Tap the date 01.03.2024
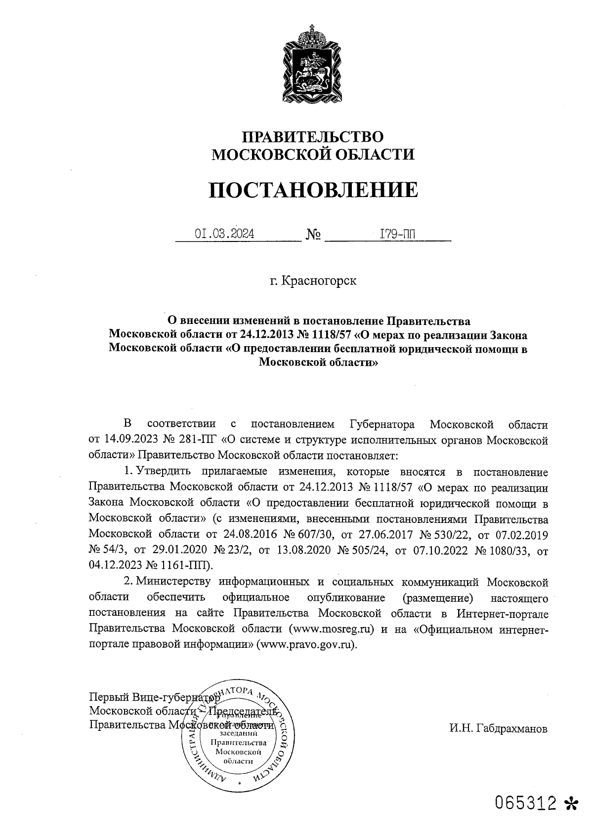(x=225, y=233)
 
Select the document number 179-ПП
(x=397, y=233)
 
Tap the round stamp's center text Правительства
(x=239, y=743)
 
